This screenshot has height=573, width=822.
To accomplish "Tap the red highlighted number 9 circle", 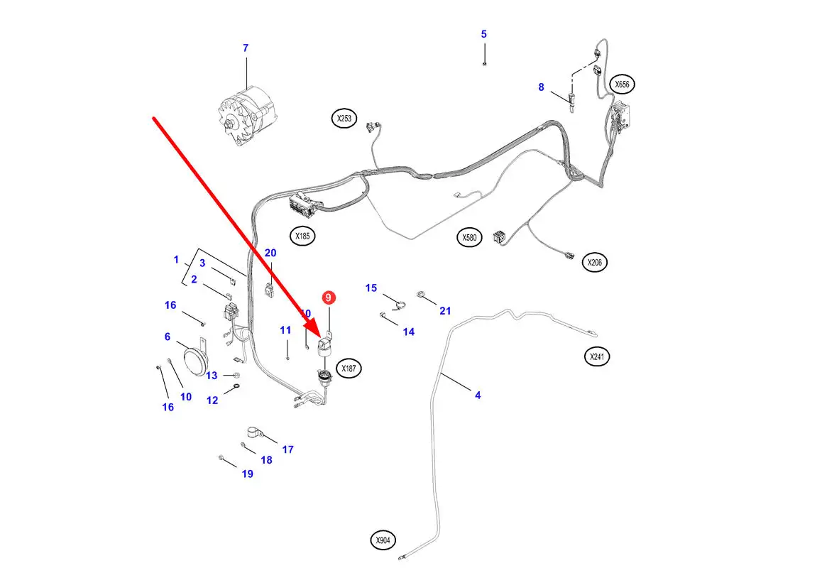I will pos(329,298).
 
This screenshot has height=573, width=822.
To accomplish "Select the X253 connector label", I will pos(344,118).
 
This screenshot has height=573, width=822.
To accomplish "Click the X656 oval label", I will pos(622,84).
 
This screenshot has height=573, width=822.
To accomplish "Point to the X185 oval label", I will pos(303,236).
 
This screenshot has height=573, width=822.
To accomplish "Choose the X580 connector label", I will pos(469,237).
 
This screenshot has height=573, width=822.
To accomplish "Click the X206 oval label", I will pos(595,262).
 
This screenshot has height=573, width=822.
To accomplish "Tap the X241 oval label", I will pos(597,356).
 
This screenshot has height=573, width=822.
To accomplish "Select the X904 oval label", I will pos(383,540).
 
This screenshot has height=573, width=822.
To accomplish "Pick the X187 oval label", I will pos(349,369).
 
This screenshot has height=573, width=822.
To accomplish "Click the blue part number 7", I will pos(246,48).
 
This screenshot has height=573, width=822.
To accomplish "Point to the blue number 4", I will pos(478,395).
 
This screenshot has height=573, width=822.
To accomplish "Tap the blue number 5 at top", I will pos(484,34).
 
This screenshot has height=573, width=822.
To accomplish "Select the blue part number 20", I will pos(270,253).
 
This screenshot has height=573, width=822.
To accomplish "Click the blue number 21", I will pos(445,311).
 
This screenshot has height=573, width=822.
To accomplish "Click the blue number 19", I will pos(247,474).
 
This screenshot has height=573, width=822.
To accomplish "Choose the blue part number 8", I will pos(541,87).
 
